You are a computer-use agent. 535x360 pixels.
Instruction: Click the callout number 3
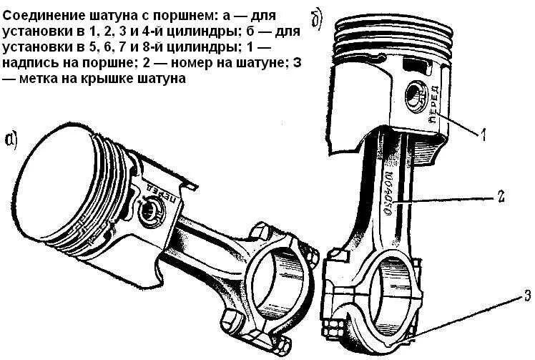526,293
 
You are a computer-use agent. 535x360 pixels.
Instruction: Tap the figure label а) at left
12,140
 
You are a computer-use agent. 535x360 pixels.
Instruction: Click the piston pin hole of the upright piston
416,94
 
